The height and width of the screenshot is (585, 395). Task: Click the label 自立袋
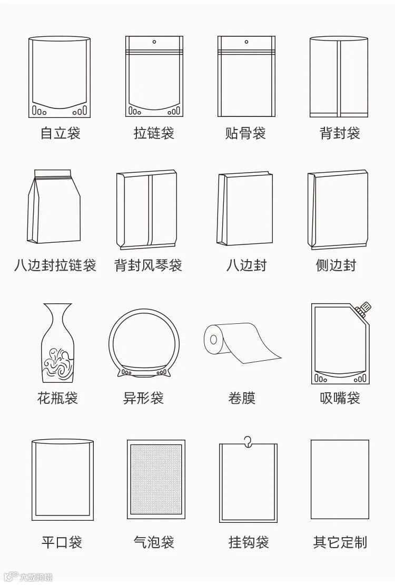(61, 133)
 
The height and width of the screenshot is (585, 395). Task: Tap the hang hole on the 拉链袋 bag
(154, 41)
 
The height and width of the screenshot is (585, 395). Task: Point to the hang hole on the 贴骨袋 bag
(246, 41)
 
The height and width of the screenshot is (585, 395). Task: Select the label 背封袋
(340, 133)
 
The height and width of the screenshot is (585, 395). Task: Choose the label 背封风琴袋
(148, 265)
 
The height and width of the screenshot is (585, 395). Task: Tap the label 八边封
(246, 265)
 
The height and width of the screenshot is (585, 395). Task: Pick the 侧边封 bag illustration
(338, 210)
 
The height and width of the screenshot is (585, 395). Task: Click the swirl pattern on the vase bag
(57, 363)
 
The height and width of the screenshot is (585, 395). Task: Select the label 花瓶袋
(57, 398)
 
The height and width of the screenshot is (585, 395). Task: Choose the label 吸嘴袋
(340, 398)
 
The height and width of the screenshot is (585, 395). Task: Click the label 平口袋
(62, 542)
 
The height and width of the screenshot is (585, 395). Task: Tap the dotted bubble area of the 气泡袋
(156, 479)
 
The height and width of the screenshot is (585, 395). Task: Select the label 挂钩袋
(249, 542)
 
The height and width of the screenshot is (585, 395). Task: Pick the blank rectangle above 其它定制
(340, 479)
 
